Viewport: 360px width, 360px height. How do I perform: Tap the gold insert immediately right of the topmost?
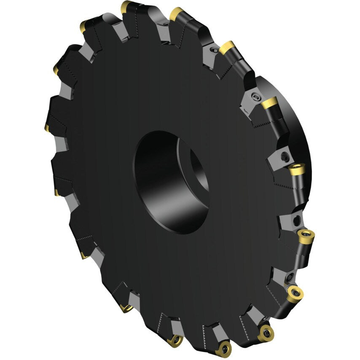pyautogui.click(x=177, y=14)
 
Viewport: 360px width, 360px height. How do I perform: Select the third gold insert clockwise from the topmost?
pyautogui.click(x=269, y=102)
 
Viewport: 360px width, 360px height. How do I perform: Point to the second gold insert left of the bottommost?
pyautogui.click(x=126, y=309)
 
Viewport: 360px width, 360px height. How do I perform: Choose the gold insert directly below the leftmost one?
pyautogui.click(x=56, y=193)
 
